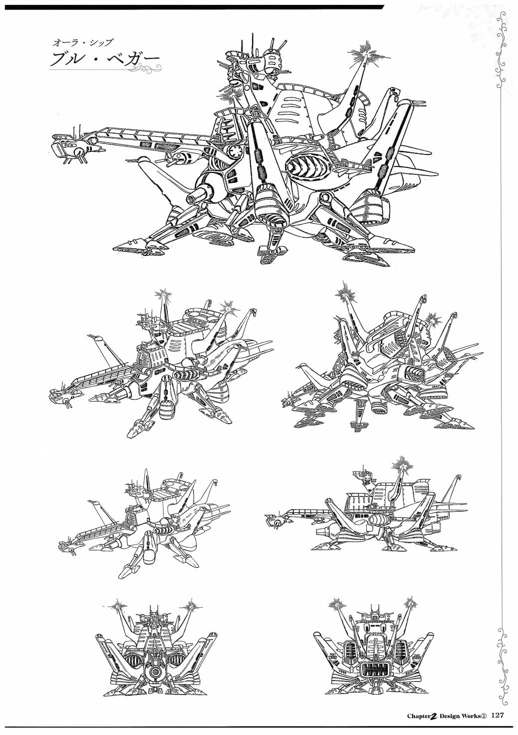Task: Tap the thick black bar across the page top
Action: pyautogui.click(x=193, y=7)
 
